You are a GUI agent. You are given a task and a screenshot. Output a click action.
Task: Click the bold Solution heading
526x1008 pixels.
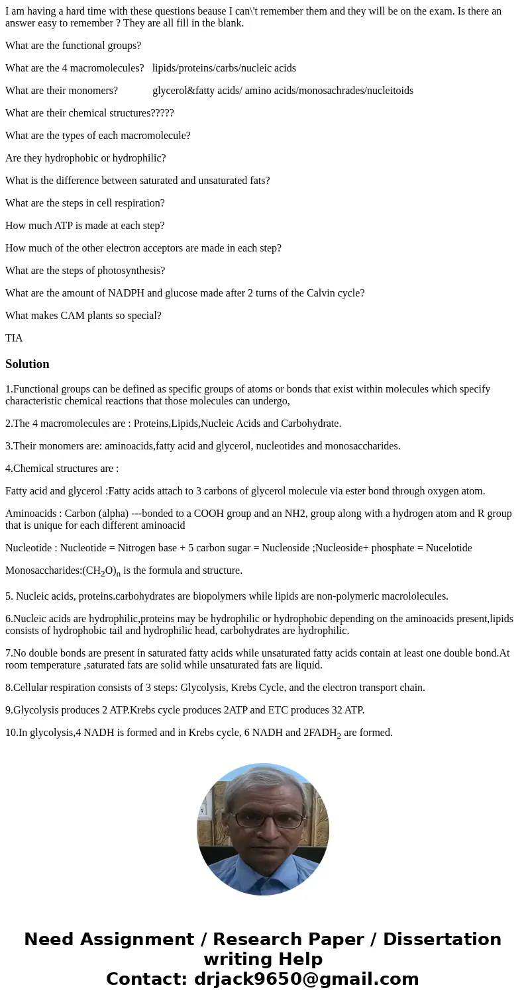(x=27, y=364)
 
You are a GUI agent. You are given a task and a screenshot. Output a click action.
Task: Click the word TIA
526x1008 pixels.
(x=14, y=338)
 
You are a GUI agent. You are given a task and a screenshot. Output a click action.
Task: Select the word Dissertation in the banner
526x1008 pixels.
(x=442, y=939)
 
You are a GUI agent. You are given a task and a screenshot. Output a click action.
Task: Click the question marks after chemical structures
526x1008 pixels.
(x=162, y=113)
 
